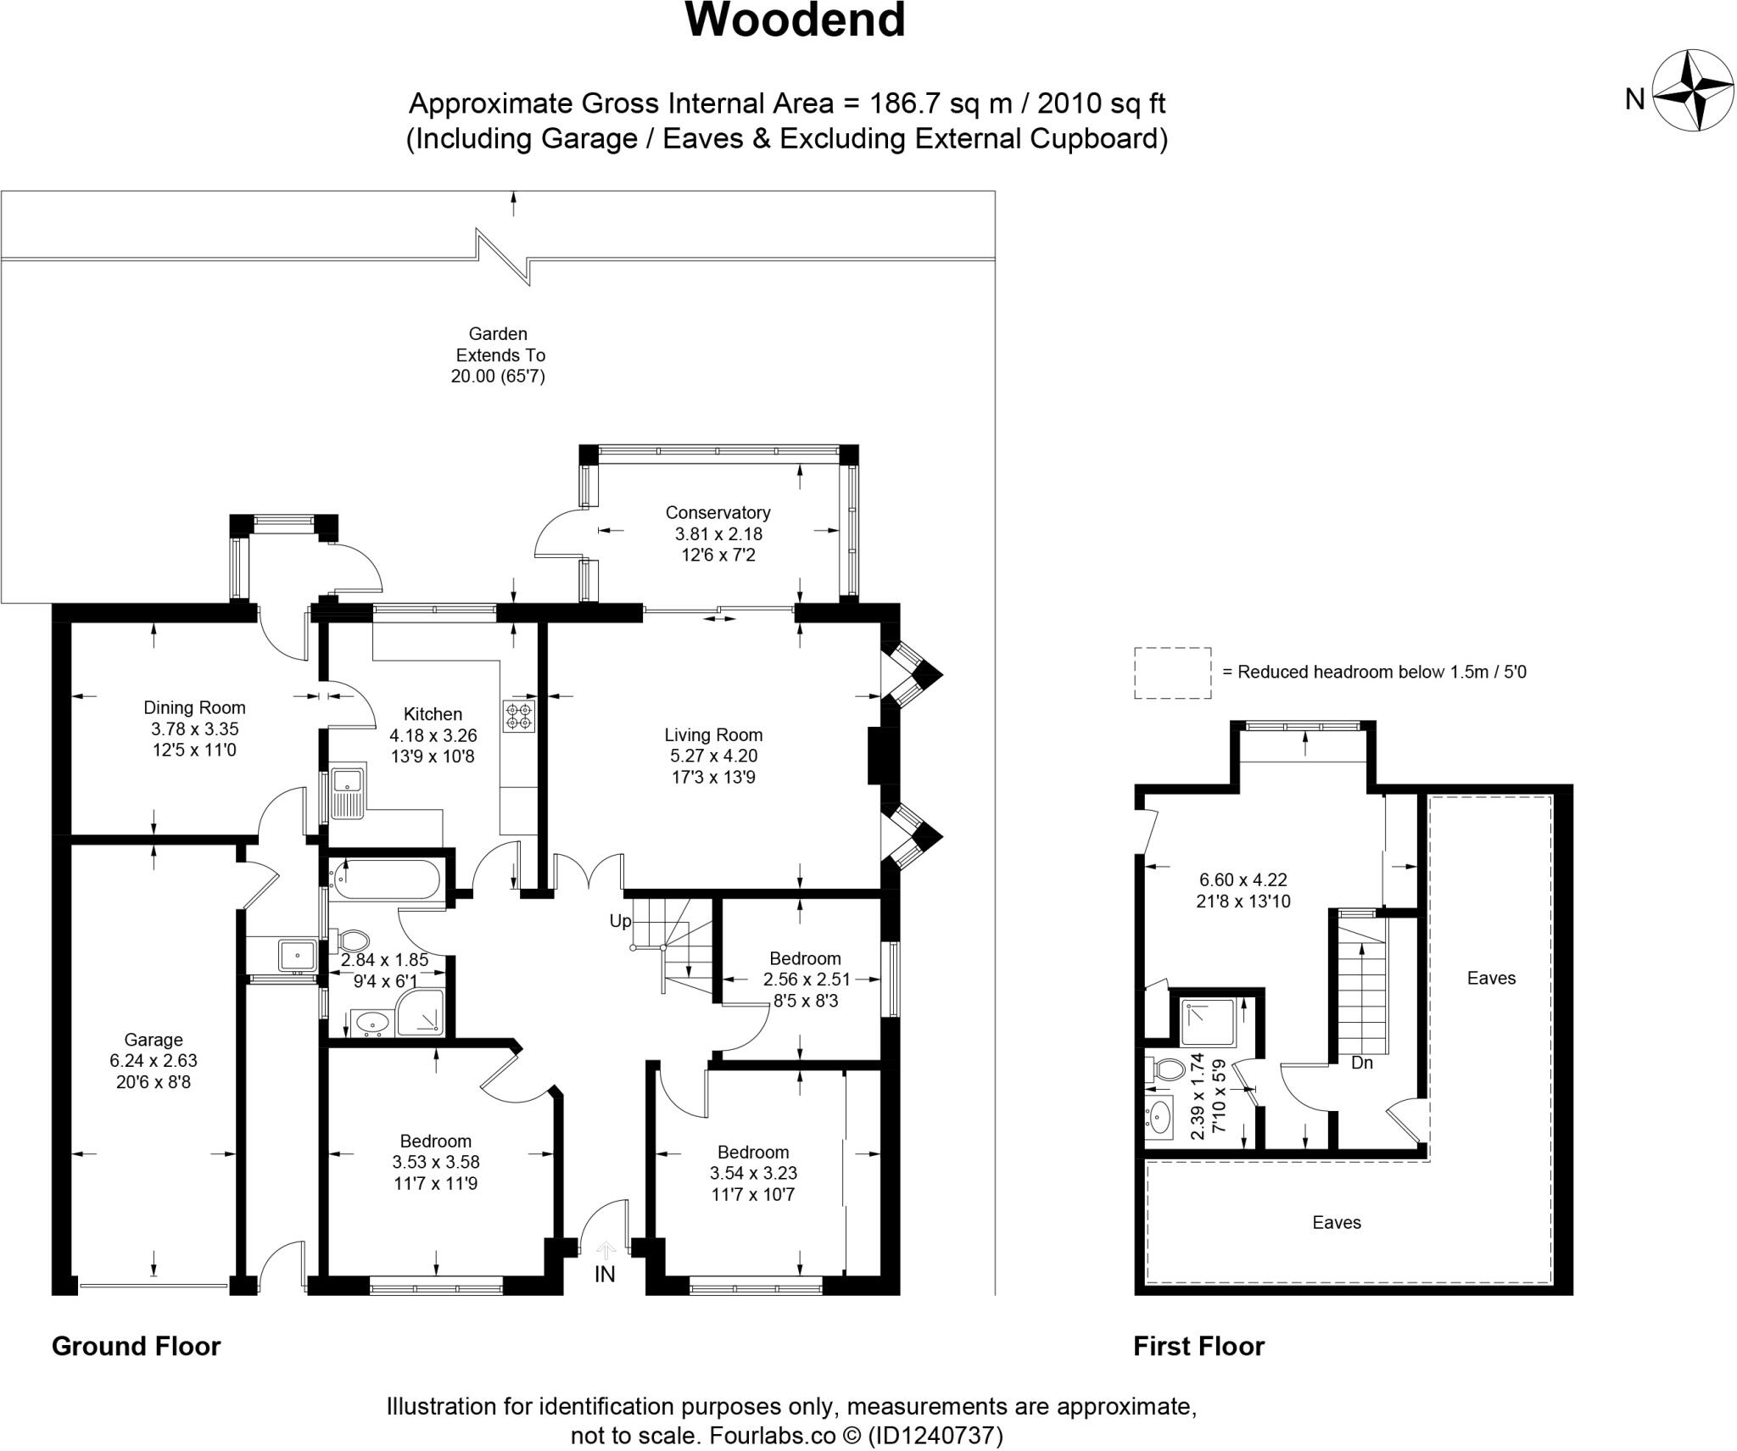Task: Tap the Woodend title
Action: pyautogui.click(x=795, y=20)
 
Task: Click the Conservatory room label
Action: pyautogui.click(x=718, y=512)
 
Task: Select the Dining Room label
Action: pyautogui.click(x=194, y=707)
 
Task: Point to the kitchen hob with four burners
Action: pyautogui.click(x=518, y=716)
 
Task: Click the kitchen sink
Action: pyautogui.click(x=347, y=793)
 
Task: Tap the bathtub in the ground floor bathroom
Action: pyautogui.click(x=386, y=879)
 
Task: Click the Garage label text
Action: pyautogui.click(x=153, y=1040)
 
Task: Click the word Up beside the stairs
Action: pyautogui.click(x=620, y=921)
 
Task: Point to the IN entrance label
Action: pyautogui.click(x=605, y=1274)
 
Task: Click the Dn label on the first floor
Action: pyautogui.click(x=1361, y=1063)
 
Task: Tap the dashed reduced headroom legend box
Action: pyautogui.click(x=1172, y=672)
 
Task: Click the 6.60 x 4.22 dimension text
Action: pyautogui.click(x=1243, y=880)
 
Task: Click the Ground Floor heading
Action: pyautogui.click(x=136, y=1347)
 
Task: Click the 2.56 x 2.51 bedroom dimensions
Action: pyautogui.click(x=806, y=979)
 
